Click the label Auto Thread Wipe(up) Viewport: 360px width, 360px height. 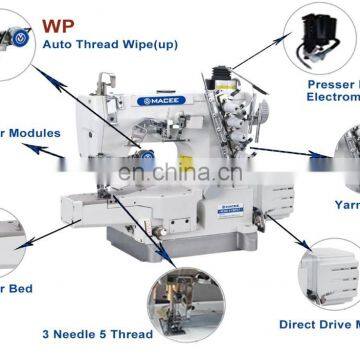111,44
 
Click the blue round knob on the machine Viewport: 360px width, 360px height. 148,155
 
